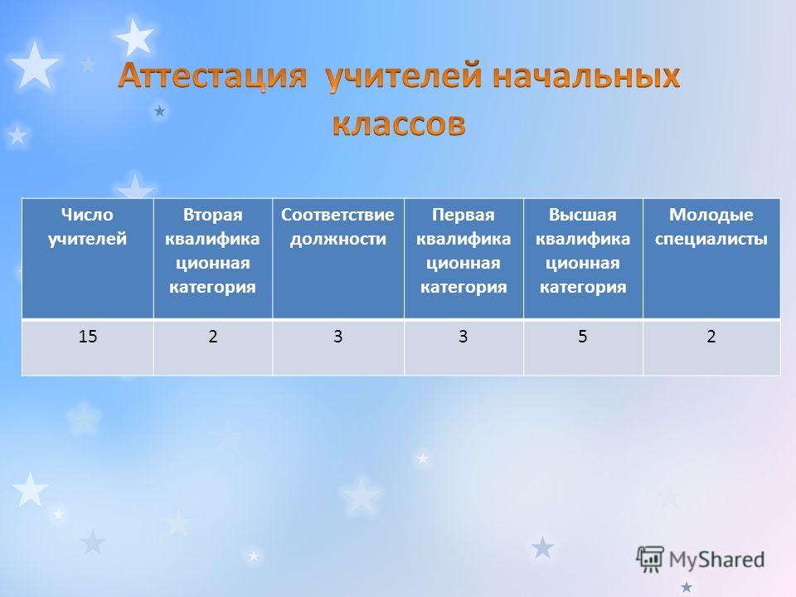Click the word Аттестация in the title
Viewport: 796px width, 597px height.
coord(212,76)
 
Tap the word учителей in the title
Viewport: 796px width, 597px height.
coord(403,76)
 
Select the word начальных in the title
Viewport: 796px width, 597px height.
coord(586,76)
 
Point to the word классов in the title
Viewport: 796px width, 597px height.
coord(399,124)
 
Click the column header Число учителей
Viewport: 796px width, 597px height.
coord(87,226)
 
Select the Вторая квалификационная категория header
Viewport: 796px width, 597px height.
coord(213,250)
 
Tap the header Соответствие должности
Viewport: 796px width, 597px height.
coord(337,226)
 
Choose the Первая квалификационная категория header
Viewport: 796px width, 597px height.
coord(464,250)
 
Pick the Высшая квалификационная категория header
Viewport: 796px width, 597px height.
coord(583,250)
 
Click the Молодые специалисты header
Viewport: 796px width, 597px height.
coord(711,226)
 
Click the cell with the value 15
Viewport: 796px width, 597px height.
coord(87,336)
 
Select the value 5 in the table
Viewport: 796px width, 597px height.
coord(583,336)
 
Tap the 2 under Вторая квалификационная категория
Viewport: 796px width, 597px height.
coord(213,336)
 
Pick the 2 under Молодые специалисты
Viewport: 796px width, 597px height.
coord(711,336)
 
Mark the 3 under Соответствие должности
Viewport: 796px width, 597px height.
coord(337,336)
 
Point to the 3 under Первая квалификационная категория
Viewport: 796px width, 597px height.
coord(464,336)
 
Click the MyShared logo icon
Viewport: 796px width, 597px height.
coord(650,560)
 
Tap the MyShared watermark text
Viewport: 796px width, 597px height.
coord(716,560)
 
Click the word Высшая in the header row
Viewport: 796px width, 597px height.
coord(583,215)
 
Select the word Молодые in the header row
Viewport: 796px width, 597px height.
coord(711,215)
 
